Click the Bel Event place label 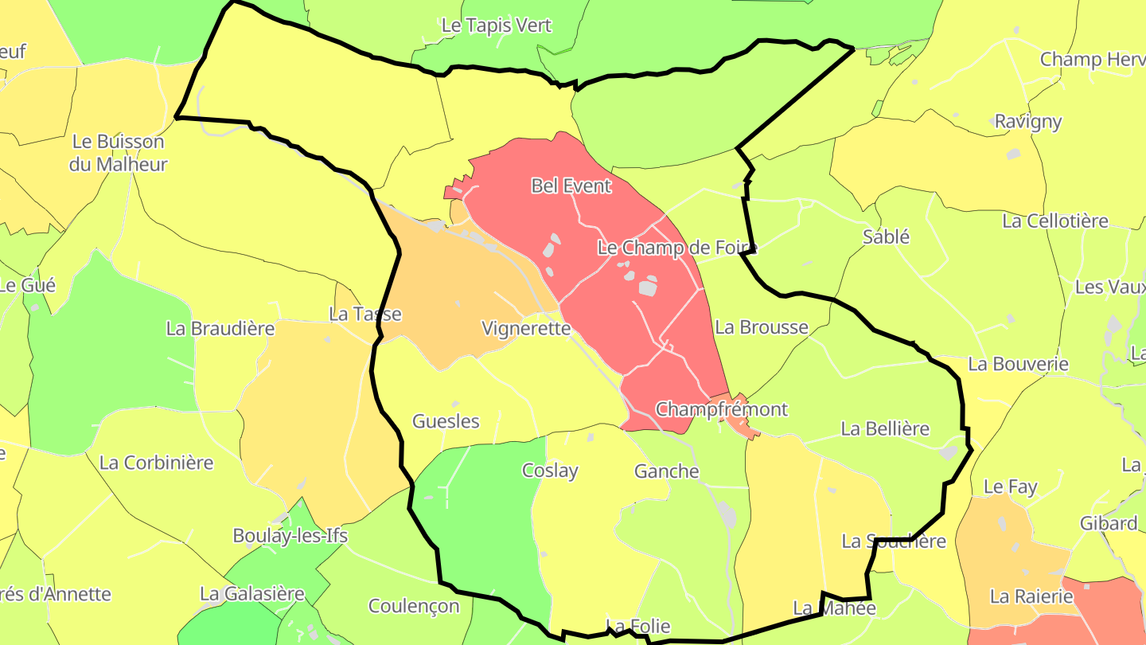click(x=571, y=186)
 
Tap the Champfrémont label click(x=721, y=409)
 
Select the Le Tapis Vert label click(x=497, y=25)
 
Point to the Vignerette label click(x=526, y=328)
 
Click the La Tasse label click(x=365, y=314)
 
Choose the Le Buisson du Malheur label click(x=119, y=153)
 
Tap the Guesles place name click(x=446, y=421)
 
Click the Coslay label click(x=550, y=471)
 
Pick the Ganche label click(x=667, y=471)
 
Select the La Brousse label click(x=762, y=327)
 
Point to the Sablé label click(x=886, y=236)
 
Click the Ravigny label click(x=1028, y=121)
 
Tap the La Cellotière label click(x=1055, y=221)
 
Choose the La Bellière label click(x=885, y=428)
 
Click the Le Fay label click(x=1011, y=486)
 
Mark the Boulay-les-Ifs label click(x=290, y=535)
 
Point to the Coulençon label click(x=414, y=606)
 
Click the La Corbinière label click(x=157, y=462)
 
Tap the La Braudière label click(x=220, y=328)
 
